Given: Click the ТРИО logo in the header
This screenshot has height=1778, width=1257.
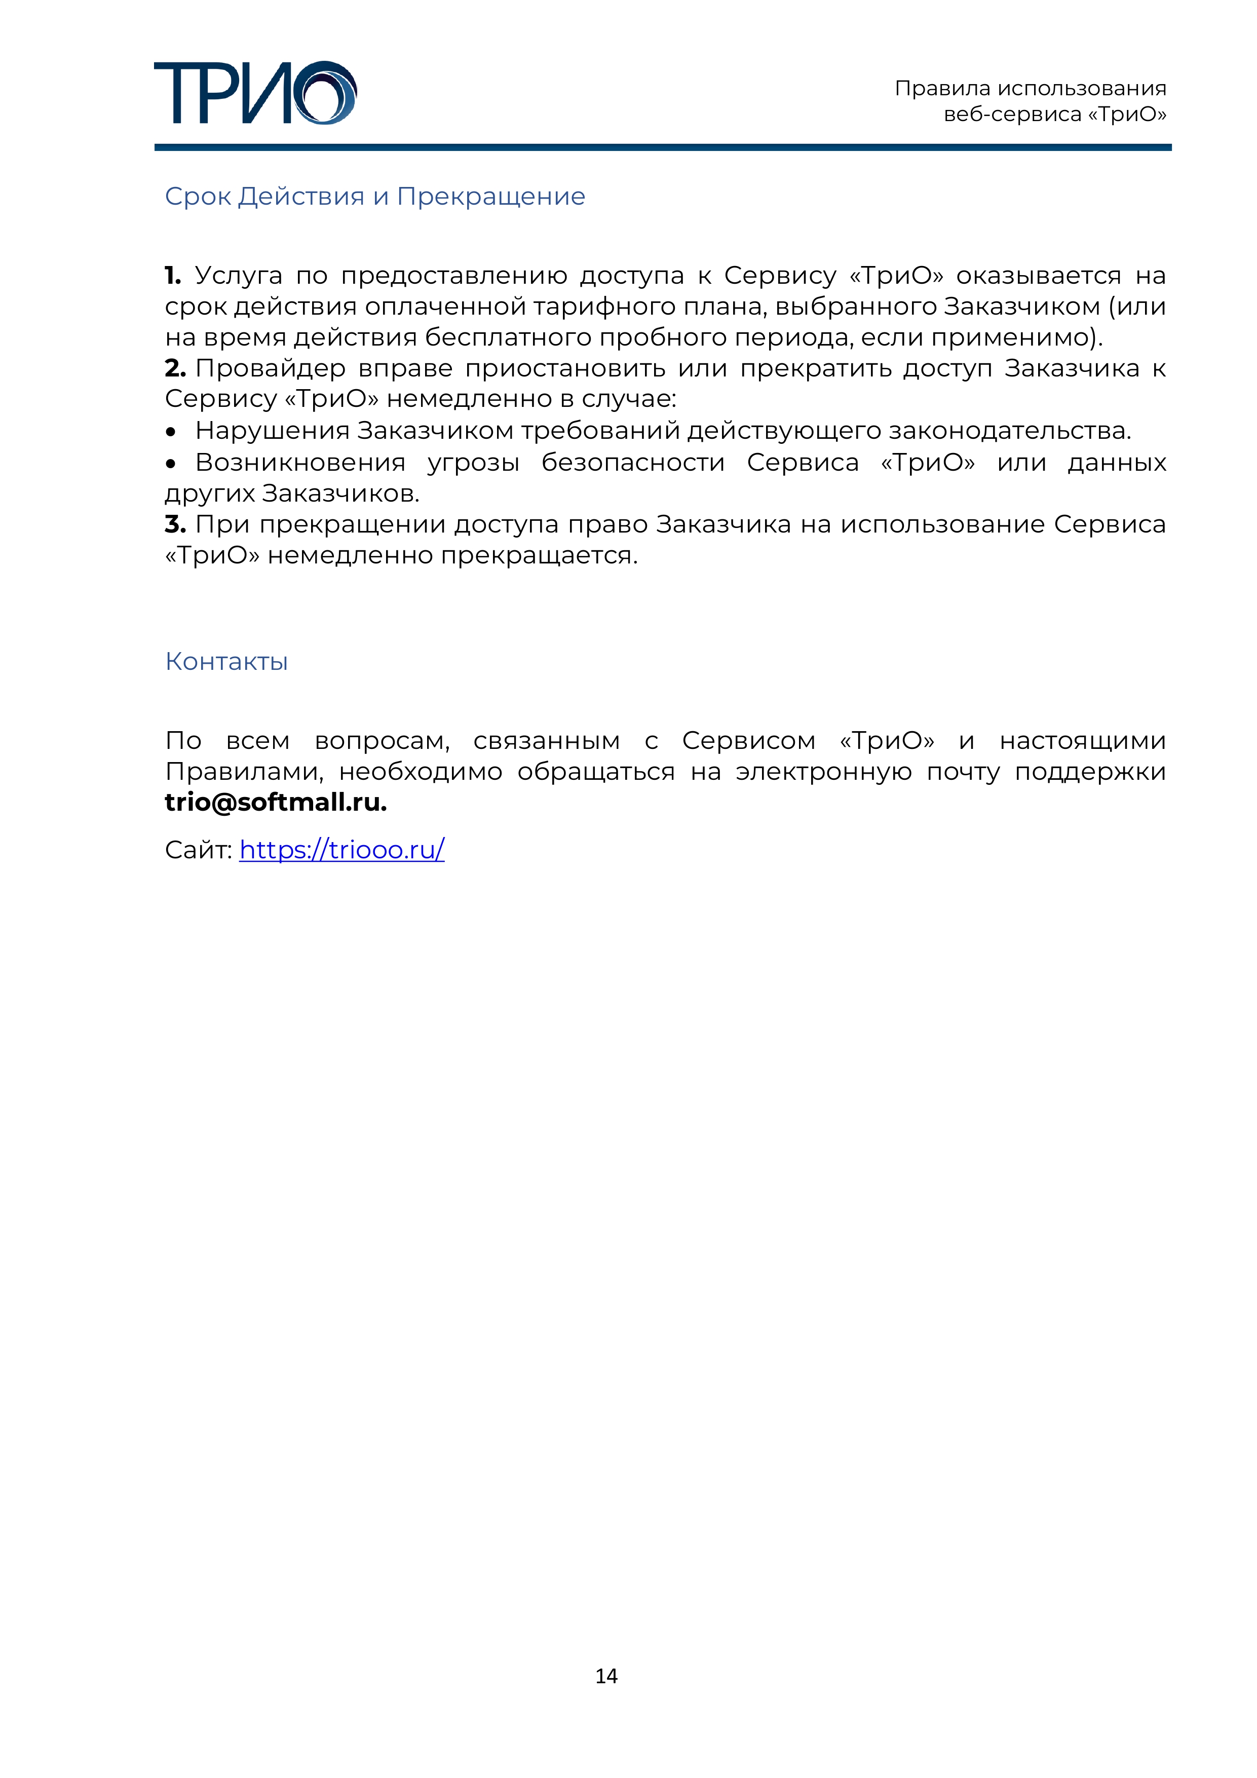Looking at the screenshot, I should point(255,93).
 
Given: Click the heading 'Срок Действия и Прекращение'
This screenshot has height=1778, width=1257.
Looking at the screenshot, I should point(375,197).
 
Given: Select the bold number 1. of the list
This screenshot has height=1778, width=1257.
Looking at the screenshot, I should point(173,276).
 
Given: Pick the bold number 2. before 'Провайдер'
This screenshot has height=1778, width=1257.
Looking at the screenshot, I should point(175,368).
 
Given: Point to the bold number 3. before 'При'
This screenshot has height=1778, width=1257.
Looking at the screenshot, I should point(175,524).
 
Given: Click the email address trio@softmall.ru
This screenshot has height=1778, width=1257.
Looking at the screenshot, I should point(276,802).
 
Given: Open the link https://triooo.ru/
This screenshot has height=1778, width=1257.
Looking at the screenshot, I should point(341,850).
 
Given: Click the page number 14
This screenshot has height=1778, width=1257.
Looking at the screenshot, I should point(606,1676).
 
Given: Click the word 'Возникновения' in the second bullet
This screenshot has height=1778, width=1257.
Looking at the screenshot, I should point(300,462).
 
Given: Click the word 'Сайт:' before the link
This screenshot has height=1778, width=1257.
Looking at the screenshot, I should point(198,850).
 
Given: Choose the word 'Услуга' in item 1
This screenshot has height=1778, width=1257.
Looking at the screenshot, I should point(239,276).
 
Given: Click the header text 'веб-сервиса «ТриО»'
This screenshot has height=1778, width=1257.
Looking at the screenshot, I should point(1055,115).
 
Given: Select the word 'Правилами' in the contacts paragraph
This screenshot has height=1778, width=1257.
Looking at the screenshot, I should point(244,771).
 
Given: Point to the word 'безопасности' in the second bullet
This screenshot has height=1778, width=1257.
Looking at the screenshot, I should point(633,462).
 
